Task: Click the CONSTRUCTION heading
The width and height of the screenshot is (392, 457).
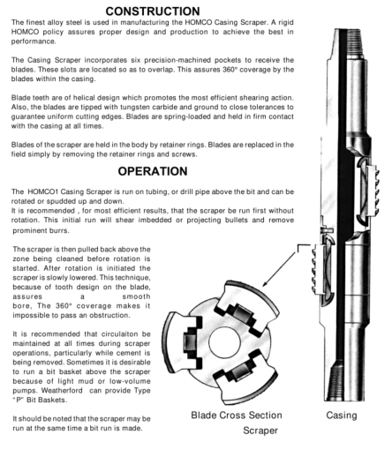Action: (x=153, y=11)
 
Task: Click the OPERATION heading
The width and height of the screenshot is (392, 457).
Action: (x=153, y=171)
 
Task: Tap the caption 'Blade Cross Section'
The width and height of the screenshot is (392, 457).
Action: (x=237, y=416)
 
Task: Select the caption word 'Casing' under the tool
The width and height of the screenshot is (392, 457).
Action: (x=342, y=416)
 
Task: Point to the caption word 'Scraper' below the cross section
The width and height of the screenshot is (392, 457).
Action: (x=260, y=431)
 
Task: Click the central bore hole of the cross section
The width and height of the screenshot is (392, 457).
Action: (x=224, y=342)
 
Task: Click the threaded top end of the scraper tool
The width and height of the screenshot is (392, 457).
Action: (x=356, y=44)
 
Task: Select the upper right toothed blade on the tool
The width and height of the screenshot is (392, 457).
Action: (x=373, y=190)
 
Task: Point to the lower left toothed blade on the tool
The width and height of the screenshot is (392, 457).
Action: (x=318, y=269)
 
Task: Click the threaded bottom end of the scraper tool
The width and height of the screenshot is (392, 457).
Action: (x=344, y=381)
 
